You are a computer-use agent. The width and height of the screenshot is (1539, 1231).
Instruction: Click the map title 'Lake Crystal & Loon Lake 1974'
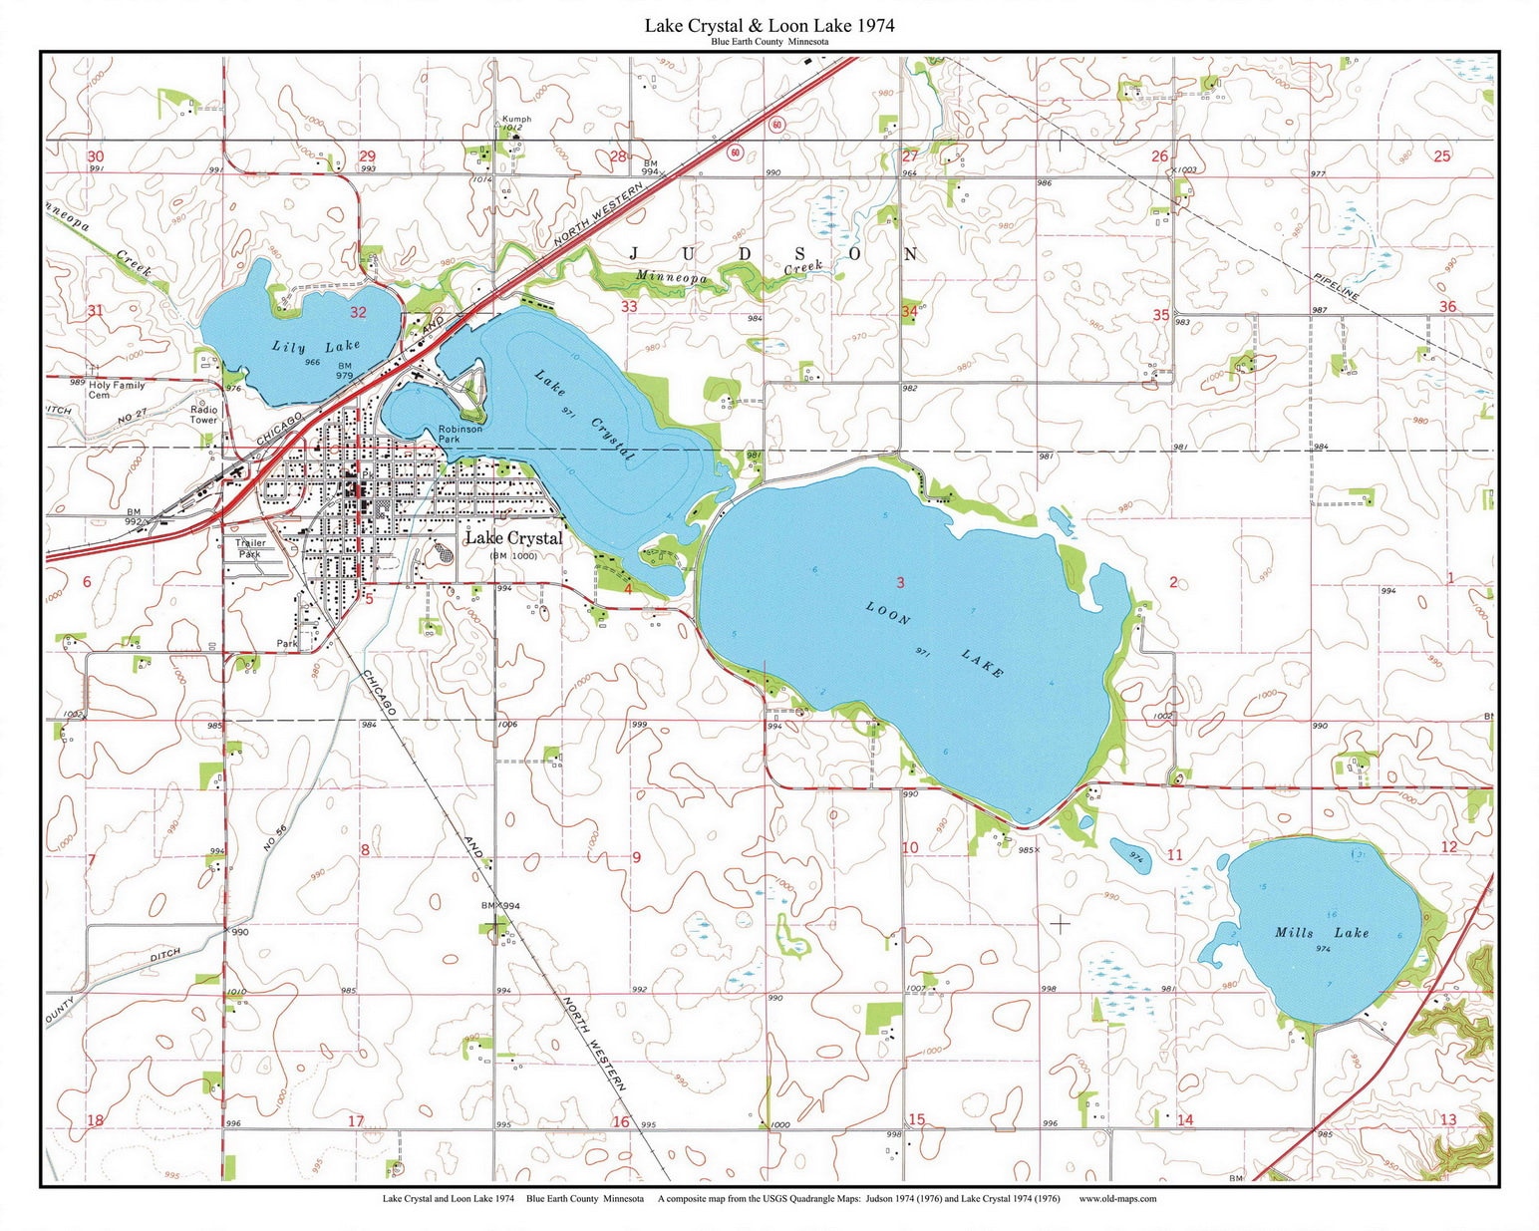point(769,25)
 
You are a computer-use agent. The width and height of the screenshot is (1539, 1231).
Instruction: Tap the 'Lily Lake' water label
point(316,347)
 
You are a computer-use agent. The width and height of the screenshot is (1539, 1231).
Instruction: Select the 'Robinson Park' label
point(461,434)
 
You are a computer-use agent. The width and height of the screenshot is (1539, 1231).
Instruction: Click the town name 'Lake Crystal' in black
point(513,538)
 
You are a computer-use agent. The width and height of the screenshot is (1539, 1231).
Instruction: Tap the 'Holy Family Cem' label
point(117,390)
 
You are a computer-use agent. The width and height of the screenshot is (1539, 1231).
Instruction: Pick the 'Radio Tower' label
point(204,415)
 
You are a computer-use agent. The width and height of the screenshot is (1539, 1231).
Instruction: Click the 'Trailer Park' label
point(249,548)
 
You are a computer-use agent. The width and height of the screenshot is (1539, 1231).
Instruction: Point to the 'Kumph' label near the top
point(516,119)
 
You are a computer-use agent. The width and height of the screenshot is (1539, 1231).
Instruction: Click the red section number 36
point(1447,306)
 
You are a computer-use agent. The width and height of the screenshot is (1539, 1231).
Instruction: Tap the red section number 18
point(95,1120)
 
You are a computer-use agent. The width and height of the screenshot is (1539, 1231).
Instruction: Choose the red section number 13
point(1448,1119)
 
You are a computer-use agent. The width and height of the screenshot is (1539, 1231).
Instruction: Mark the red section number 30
point(95,156)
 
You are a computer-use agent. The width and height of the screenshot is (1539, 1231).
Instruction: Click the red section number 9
point(636,857)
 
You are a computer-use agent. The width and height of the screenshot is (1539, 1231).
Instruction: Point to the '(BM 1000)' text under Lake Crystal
point(513,555)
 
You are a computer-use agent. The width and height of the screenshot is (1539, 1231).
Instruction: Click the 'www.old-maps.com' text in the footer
point(1117,1199)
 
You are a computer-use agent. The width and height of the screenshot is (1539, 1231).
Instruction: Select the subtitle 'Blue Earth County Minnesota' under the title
point(769,42)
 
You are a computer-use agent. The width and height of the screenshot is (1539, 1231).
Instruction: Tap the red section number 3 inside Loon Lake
point(900,582)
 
